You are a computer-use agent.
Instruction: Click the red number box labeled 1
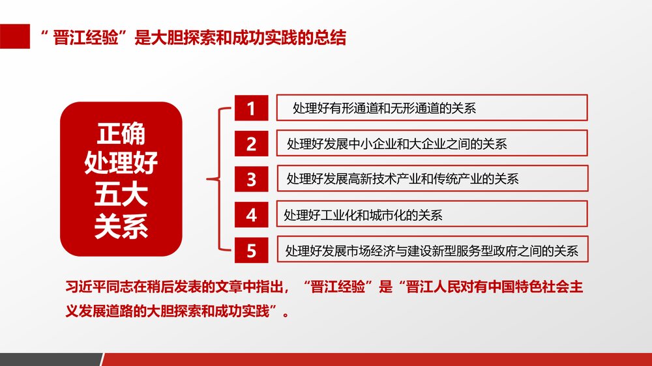(251, 108)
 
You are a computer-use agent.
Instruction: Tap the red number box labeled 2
(251, 143)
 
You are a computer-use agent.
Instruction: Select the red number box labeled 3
(251, 178)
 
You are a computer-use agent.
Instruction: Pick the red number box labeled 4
(251, 214)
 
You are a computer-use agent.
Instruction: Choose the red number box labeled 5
(251, 249)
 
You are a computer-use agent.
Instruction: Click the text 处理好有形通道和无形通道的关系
(385, 108)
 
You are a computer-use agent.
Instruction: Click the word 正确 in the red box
(121, 134)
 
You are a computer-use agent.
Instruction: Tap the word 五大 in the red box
(121, 195)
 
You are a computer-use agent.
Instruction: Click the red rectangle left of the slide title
(15, 37)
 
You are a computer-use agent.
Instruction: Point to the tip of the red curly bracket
(207, 178)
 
